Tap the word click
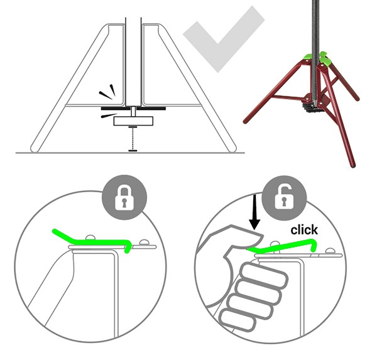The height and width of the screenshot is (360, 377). (304, 230)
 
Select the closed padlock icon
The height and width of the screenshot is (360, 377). (124, 198)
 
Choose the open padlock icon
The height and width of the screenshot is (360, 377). (284, 197)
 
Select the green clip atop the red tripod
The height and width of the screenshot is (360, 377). (317, 58)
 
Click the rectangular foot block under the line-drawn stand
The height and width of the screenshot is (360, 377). (133, 121)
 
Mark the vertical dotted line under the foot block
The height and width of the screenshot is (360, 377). (133, 139)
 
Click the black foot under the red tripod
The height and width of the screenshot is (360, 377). (309, 107)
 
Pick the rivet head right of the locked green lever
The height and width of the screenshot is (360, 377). (144, 243)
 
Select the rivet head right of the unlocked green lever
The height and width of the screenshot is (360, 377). (331, 251)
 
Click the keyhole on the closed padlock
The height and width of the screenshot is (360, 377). (124, 202)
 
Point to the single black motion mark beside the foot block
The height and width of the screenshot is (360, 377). (109, 116)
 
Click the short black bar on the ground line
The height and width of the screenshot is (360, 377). (133, 151)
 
